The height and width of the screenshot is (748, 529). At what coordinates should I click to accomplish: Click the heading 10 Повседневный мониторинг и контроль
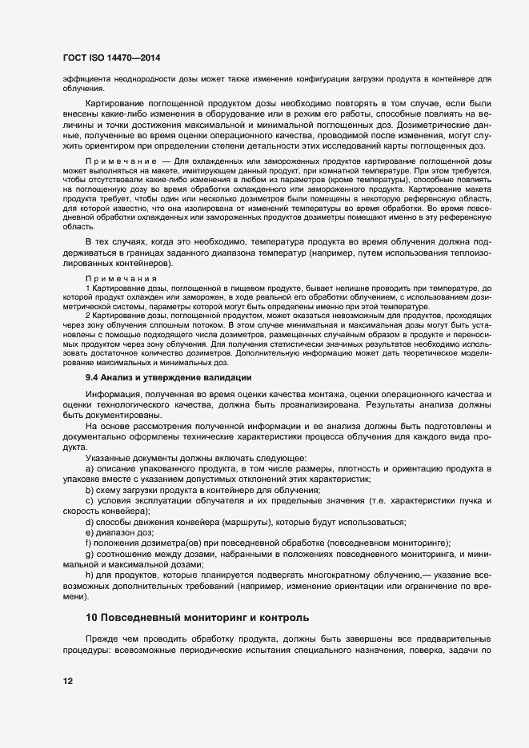[196, 619]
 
